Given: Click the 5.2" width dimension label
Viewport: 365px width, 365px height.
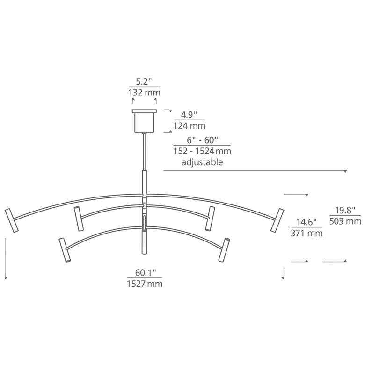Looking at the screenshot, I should (x=144, y=80).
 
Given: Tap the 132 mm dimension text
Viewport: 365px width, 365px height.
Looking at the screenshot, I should (x=144, y=93).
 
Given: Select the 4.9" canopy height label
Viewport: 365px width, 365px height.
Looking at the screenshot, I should (x=189, y=114).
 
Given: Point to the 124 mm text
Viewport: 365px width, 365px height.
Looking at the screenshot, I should (x=189, y=126).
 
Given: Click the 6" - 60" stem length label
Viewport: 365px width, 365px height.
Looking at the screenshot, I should (x=202, y=139).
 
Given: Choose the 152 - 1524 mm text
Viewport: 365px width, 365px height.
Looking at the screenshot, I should (x=202, y=151).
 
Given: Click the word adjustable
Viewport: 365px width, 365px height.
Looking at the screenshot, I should (x=202, y=162).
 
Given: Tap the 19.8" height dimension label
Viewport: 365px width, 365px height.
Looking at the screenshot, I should (x=345, y=210).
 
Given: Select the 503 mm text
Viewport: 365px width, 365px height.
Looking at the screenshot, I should (x=345, y=221).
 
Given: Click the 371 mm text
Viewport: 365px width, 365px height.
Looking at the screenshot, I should (x=306, y=233).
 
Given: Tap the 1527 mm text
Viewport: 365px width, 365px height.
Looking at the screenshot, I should (x=145, y=284).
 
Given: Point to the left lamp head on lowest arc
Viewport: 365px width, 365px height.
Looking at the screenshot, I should (x=64, y=250).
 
